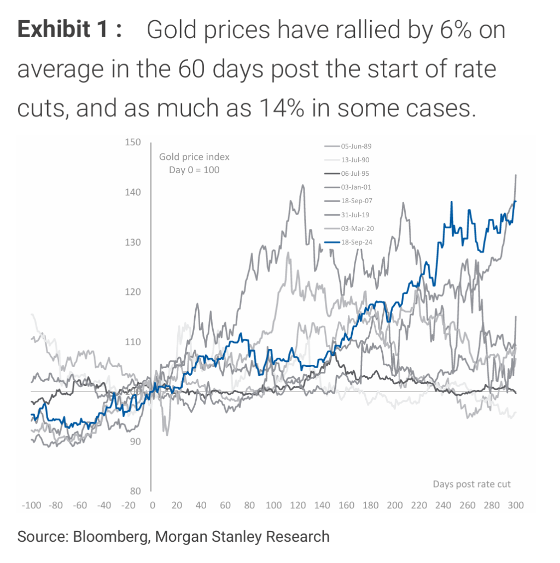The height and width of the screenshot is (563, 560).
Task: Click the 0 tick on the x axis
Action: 153,505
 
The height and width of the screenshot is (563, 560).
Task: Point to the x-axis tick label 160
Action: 346,505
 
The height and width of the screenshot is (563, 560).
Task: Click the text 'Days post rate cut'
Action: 471,484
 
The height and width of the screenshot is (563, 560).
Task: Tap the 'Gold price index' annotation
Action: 194,157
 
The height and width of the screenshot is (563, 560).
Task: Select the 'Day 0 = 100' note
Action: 194,170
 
